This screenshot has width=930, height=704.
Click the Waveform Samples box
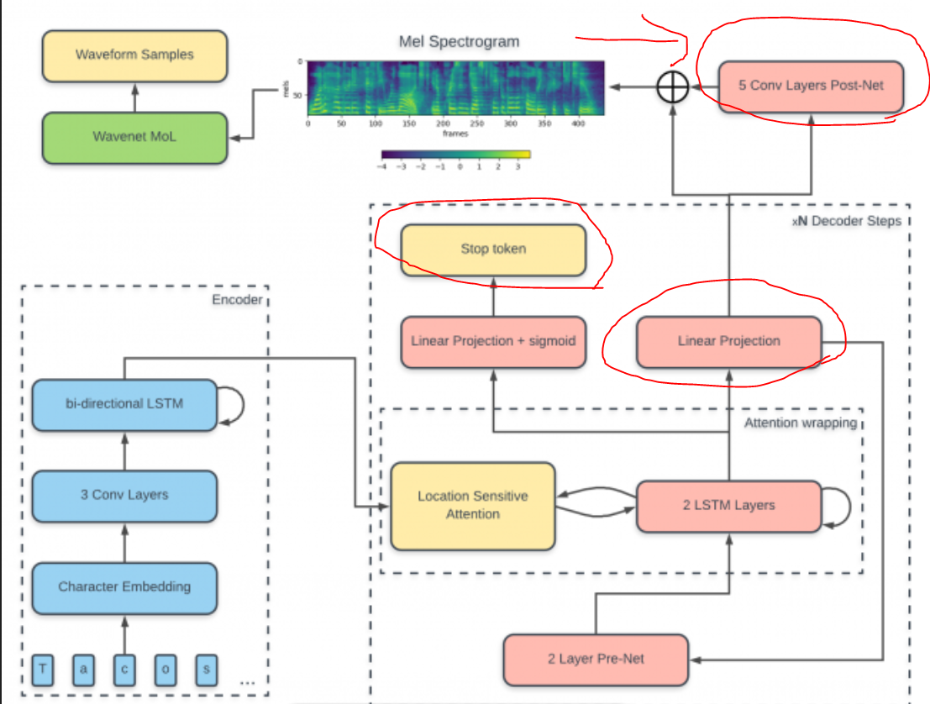click(134, 55)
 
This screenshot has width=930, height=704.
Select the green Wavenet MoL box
click(134, 137)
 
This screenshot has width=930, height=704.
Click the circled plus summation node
click(672, 86)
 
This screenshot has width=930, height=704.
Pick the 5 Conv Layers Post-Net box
click(811, 86)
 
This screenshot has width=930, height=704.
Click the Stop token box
click(493, 250)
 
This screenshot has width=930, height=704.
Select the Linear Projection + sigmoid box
click(493, 342)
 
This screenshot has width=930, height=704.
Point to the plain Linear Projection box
click(728, 341)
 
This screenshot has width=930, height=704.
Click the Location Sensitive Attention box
click(473, 505)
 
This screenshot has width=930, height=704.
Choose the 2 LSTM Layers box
click(728, 506)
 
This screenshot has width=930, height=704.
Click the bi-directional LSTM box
click(124, 404)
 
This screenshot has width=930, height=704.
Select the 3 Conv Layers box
click(124, 495)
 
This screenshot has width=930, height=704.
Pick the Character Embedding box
click(124, 586)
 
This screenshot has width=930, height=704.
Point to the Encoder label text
click(237, 299)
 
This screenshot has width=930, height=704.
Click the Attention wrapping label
click(800, 423)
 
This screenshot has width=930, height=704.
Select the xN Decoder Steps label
click(846, 221)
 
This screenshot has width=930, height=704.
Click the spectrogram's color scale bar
click(455, 155)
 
